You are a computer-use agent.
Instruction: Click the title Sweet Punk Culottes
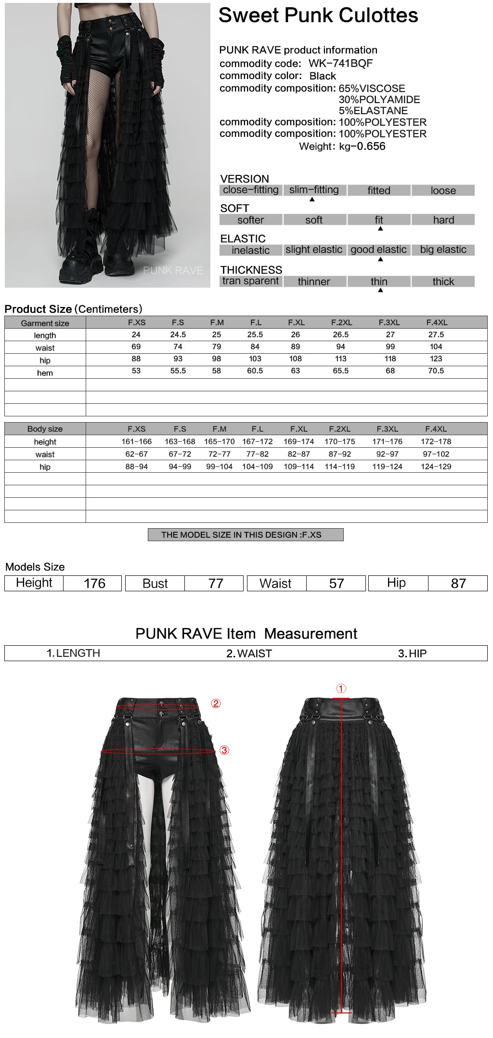[x=318, y=15]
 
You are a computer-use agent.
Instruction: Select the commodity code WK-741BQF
[x=340, y=63]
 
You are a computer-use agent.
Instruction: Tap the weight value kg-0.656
[x=362, y=146]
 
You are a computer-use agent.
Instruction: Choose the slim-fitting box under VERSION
[x=314, y=190]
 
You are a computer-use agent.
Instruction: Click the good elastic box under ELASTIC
[x=378, y=250]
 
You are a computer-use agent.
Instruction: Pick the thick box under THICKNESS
[x=443, y=281]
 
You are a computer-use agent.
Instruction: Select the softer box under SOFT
[x=250, y=220]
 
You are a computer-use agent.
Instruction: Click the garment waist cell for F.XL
[x=296, y=346]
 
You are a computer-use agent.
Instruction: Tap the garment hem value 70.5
[x=436, y=371]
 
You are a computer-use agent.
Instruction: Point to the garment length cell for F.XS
[x=136, y=334]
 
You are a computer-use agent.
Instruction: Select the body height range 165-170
[x=219, y=441]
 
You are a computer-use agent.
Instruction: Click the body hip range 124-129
[x=436, y=466]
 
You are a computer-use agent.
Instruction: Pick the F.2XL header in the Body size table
[x=339, y=428]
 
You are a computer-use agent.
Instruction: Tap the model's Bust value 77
[x=216, y=583]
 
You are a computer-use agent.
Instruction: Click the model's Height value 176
[x=94, y=583]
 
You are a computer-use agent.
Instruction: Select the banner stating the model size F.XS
[x=246, y=534]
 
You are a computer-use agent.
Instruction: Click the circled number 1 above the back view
[x=341, y=688]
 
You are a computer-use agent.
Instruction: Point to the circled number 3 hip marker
[x=224, y=750]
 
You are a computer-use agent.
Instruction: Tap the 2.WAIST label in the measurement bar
[x=249, y=653]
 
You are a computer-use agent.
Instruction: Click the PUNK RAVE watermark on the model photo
[x=173, y=270]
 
